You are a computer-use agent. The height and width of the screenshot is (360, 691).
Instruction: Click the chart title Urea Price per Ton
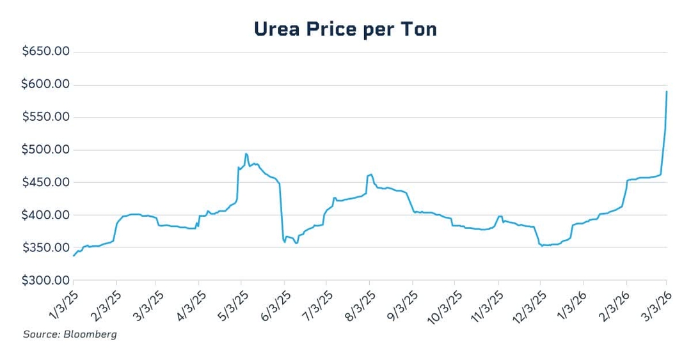[x=345, y=29]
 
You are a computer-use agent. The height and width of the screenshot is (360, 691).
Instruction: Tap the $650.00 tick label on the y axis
[x=46, y=52]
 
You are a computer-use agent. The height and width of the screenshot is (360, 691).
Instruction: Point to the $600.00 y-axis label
[x=46, y=84]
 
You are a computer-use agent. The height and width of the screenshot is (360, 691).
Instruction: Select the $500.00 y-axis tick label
[x=46, y=150]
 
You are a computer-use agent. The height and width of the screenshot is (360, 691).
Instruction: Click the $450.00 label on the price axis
[x=46, y=182]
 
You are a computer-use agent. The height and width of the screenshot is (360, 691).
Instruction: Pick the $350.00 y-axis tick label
[x=46, y=247]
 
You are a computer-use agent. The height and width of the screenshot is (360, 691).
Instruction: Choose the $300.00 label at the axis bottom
[x=46, y=280]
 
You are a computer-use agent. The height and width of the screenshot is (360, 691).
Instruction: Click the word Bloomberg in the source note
[x=94, y=334]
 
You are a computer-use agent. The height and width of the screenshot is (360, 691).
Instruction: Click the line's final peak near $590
[x=667, y=91]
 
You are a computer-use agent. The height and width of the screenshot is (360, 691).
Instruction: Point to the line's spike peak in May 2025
[x=246, y=153]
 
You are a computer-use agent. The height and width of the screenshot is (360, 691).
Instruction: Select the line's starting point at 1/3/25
[x=74, y=256]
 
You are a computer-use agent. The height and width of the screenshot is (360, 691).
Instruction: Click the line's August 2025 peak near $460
[x=371, y=174]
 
